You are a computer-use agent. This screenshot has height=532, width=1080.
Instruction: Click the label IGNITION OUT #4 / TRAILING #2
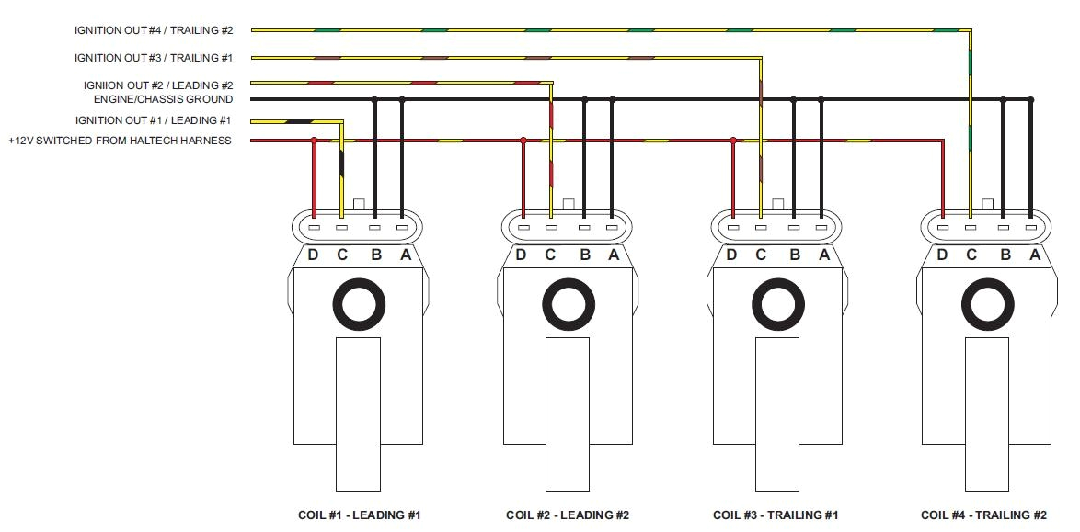click(154, 30)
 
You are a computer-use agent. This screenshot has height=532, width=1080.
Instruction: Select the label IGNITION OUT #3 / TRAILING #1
click(154, 58)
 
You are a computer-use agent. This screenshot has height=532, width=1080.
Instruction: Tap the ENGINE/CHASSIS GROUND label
click(163, 99)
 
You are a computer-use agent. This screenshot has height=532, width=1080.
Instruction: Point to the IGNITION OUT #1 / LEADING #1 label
click(154, 120)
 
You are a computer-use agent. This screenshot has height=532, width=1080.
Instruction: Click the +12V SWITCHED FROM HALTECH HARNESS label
click(120, 141)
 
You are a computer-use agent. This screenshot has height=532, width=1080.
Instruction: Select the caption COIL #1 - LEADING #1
click(359, 515)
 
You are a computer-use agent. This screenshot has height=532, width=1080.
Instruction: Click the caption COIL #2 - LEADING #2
click(568, 515)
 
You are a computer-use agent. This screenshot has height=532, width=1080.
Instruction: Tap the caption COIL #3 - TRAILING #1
click(776, 515)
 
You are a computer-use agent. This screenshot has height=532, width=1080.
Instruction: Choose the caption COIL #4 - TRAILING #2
click(983, 515)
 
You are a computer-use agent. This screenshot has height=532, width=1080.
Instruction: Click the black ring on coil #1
click(358, 305)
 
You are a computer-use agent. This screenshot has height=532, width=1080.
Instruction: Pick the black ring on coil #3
click(777, 305)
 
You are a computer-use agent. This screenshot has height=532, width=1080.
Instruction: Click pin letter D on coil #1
click(313, 255)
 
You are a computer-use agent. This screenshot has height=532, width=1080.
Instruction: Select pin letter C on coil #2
click(550, 255)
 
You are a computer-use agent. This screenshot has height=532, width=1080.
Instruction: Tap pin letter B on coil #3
click(795, 255)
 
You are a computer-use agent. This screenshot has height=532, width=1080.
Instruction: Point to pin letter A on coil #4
click(1034, 255)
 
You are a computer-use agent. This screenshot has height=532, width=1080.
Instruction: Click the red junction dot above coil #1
click(315, 141)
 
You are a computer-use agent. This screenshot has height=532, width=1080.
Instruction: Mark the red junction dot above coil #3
click(733, 141)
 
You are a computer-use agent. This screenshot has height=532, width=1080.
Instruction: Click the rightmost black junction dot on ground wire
click(1031, 99)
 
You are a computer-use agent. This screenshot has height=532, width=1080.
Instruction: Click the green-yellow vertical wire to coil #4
click(971, 138)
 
